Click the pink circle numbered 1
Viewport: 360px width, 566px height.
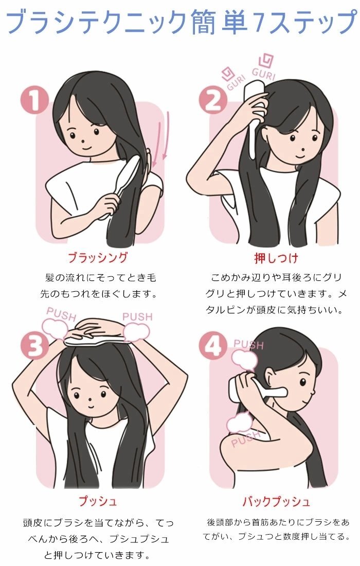[34, 100]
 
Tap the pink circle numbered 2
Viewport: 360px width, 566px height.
[213, 100]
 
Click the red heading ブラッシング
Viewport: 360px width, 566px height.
[98, 258]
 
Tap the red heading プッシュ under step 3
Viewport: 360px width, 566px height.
[98, 501]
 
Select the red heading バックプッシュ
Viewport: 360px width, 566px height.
[276, 501]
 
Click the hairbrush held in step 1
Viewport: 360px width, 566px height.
[119, 186]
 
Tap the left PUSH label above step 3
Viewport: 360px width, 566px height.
[61, 315]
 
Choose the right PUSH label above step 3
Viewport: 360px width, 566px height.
[137, 316]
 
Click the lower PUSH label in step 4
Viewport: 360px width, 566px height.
[246, 438]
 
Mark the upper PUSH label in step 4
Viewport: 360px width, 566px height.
[248, 344]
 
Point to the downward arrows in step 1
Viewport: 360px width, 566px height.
[161, 138]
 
